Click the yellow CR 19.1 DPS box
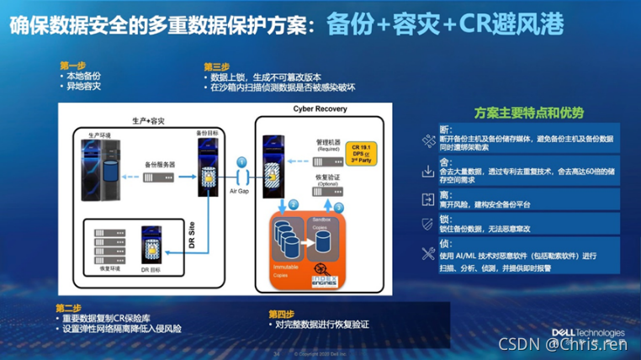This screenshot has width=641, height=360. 363,155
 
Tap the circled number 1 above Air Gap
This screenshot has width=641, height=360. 242,161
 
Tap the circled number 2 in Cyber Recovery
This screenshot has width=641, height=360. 294,204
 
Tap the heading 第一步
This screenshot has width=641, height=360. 72,65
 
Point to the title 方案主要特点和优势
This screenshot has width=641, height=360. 529,112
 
